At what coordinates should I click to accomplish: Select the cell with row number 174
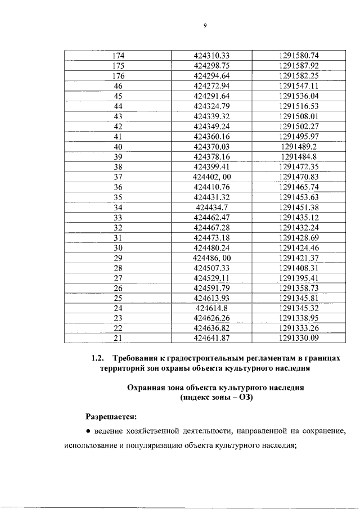point(118,56)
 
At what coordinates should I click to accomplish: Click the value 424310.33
point(213,56)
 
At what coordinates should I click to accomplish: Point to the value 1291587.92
point(299,65)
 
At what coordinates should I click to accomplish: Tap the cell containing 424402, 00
point(213,177)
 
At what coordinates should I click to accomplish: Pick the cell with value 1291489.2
point(299,146)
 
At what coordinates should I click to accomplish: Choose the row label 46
point(118,86)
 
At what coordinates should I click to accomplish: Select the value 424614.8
point(213,308)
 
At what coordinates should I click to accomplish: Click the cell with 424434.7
point(213,207)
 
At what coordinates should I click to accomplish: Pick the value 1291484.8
point(299,156)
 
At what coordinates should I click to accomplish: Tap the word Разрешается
point(111,417)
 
